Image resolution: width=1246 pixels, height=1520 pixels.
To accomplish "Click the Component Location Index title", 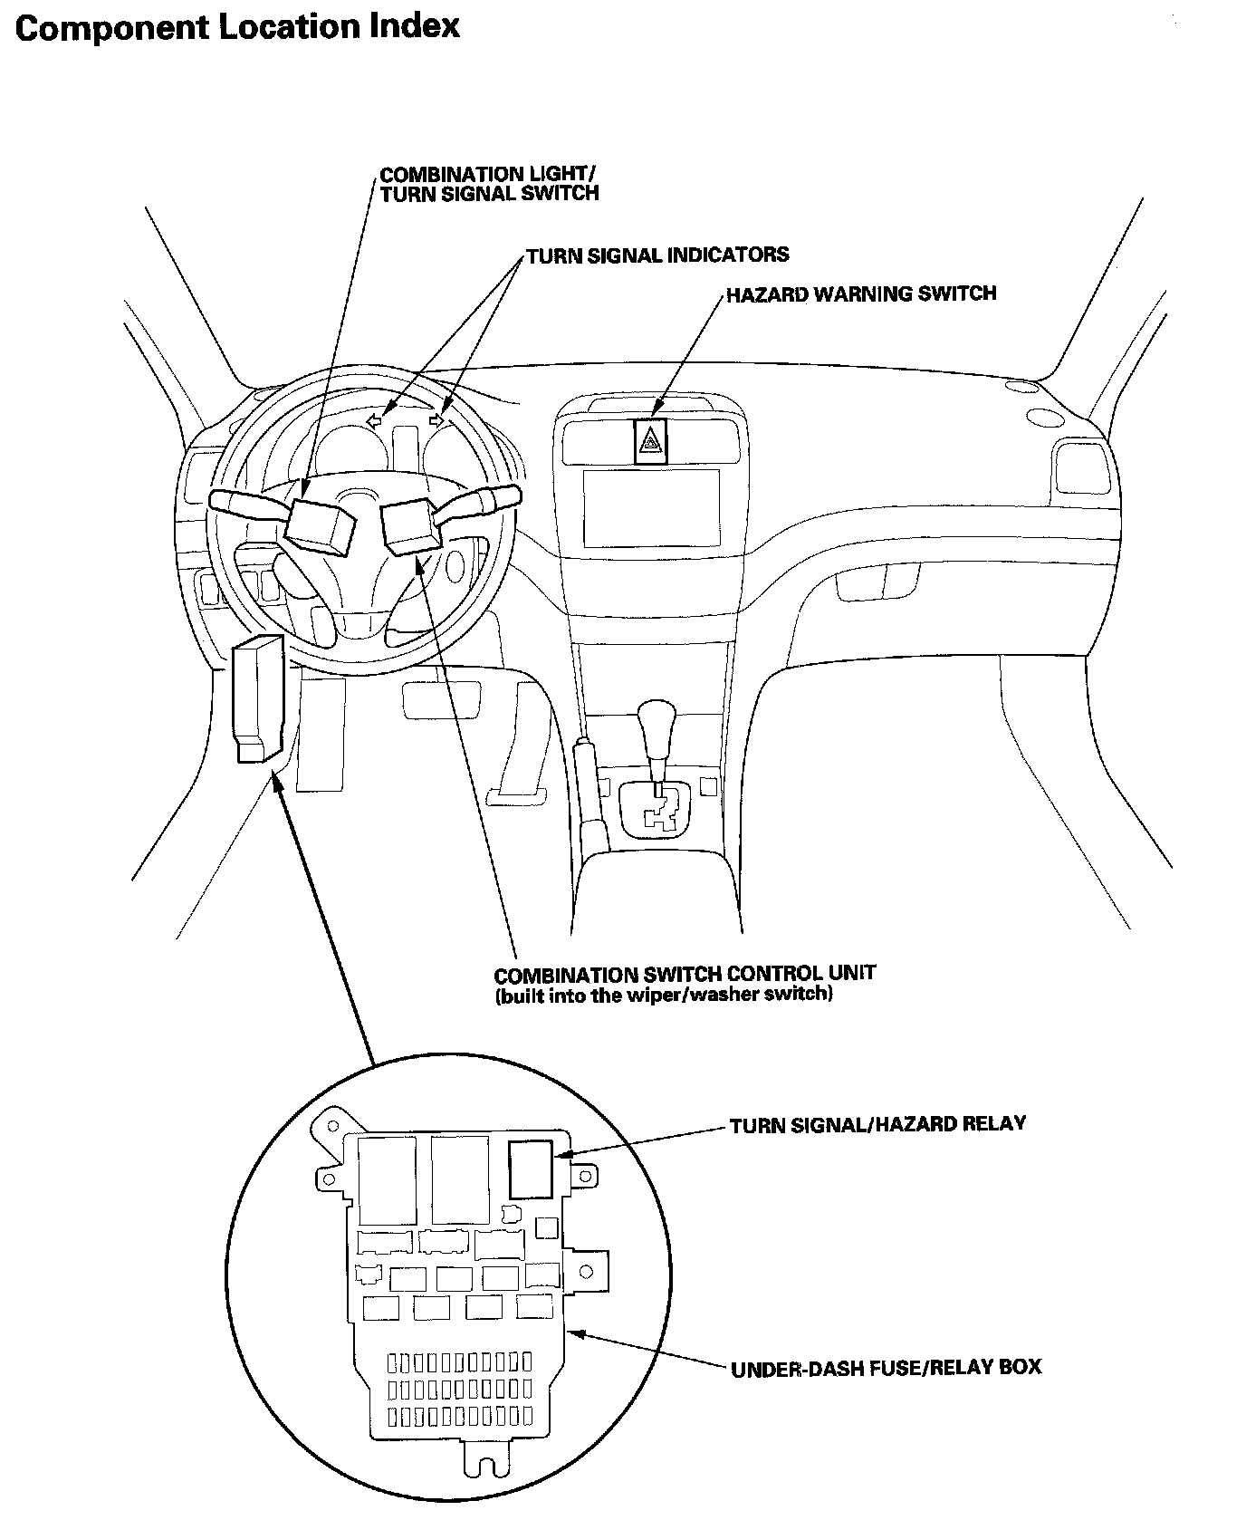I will coord(237,26).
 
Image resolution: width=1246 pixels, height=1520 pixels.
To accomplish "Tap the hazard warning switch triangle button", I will coord(650,442).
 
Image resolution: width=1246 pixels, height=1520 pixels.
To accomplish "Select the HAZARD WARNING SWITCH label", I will coord(860,293).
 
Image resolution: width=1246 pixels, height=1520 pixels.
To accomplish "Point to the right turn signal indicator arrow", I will coord(438,419).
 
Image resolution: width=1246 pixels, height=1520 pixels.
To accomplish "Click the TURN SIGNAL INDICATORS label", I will coord(657,255).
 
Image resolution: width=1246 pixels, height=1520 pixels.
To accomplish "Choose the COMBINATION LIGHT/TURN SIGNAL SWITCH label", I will coord(489,183).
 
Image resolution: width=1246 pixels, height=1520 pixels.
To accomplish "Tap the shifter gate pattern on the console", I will coord(660,813).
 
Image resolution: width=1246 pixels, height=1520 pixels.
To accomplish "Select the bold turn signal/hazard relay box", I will coord(530,1170).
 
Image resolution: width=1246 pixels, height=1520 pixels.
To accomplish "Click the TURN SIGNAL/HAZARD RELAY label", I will coord(877,1124).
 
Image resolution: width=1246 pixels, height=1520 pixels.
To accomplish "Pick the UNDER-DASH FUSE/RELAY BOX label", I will coord(886,1366).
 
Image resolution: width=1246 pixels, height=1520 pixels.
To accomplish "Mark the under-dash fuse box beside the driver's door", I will coord(257,697).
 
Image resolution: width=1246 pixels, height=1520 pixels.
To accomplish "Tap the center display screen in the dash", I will coord(651,507).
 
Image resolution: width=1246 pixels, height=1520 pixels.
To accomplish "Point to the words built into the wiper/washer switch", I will coord(663,996).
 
